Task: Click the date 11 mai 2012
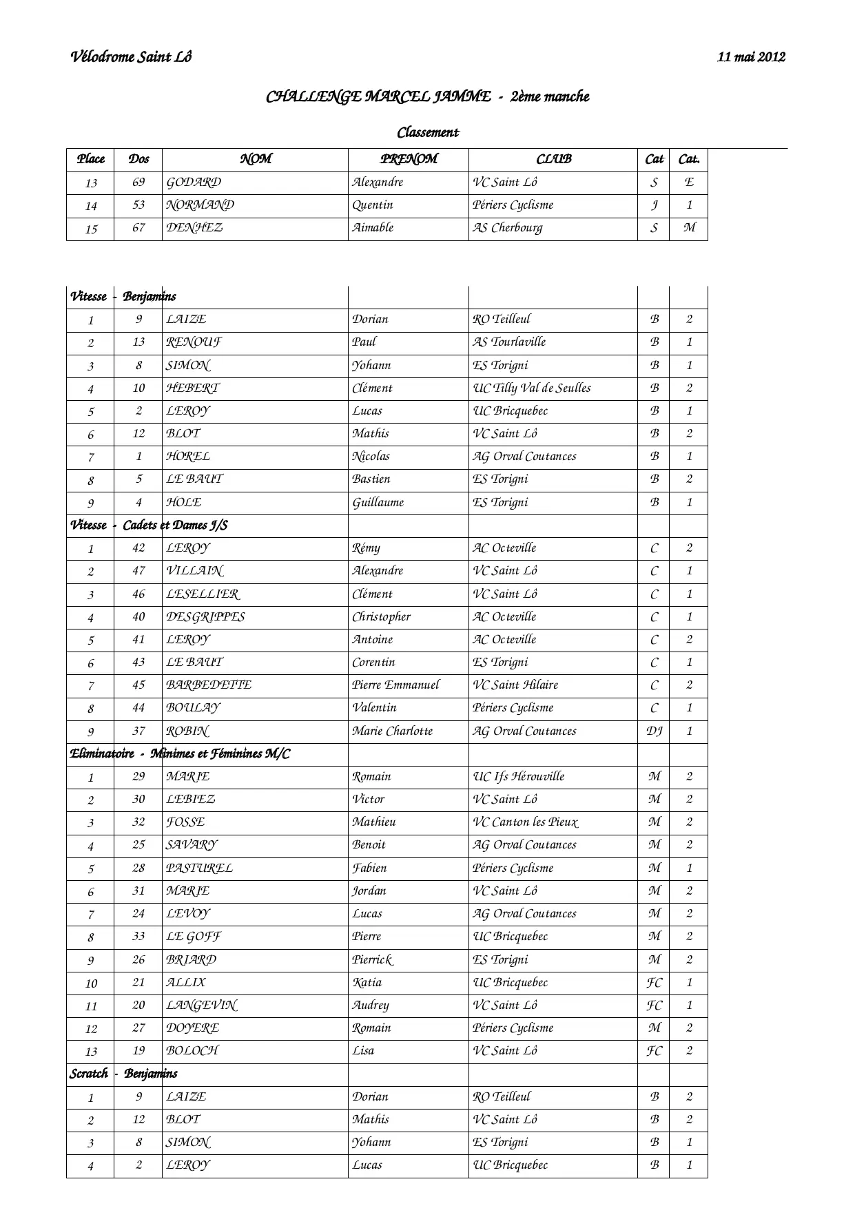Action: click(x=751, y=57)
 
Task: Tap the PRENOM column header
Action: click(x=409, y=159)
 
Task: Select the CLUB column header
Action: click(x=553, y=159)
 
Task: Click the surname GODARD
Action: click(x=194, y=183)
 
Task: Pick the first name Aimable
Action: click(x=373, y=228)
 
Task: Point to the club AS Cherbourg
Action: click(x=508, y=228)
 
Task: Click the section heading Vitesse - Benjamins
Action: click(x=123, y=297)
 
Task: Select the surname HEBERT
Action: click(x=192, y=388)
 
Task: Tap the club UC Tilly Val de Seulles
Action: click(x=532, y=388)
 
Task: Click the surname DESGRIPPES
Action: click(x=205, y=617)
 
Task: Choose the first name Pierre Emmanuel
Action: click(x=395, y=685)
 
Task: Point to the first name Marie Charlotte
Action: click(x=392, y=731)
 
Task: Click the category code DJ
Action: click(x=654, y=731)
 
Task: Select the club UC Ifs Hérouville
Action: click(x=519, y=777)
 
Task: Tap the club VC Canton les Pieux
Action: click(x=526, y=822)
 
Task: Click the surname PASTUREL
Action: click(x=199, y=868)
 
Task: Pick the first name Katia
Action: click(x=367, y=983)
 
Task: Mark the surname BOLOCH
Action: click(x=192, y=1051)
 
